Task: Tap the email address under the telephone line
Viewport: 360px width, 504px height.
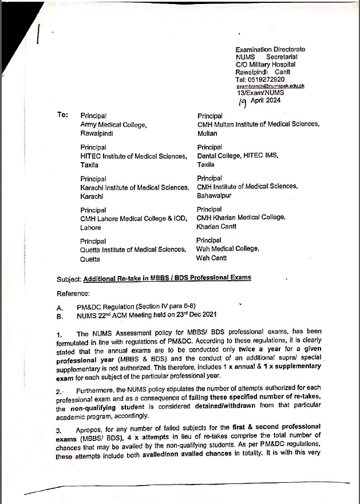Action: point(270,86)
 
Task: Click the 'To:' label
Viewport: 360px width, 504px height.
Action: point(63,115)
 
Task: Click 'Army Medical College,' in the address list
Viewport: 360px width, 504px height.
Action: point(113,124)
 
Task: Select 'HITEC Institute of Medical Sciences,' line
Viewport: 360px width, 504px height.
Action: point(133,156)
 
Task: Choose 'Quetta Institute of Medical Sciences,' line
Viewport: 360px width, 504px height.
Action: point(133,249)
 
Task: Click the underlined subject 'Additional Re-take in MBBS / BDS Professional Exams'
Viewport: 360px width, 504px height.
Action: point(167,278)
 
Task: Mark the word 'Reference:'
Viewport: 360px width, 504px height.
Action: point(73,294)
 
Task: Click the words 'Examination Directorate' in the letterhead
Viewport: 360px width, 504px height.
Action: point(270,50)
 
